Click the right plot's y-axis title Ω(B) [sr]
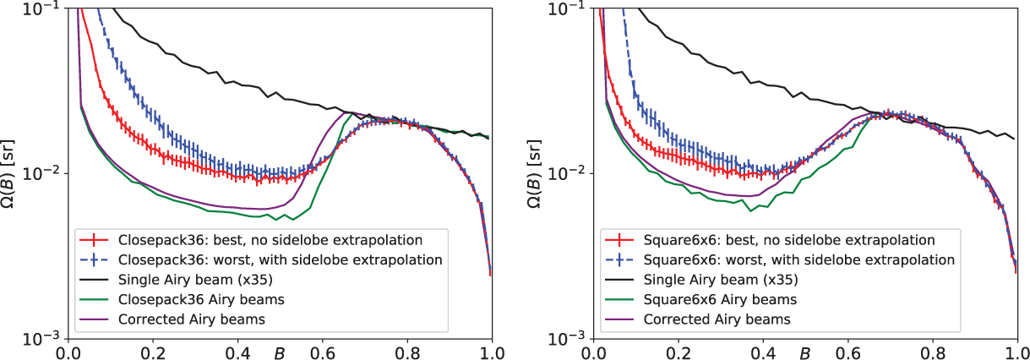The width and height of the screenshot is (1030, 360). [536, 172]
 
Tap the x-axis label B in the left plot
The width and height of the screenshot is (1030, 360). [280, 352]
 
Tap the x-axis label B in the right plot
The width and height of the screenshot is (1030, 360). [806, 352]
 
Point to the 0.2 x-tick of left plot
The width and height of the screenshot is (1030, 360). [153, 351]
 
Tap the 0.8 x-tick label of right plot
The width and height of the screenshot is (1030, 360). [933, 351]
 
